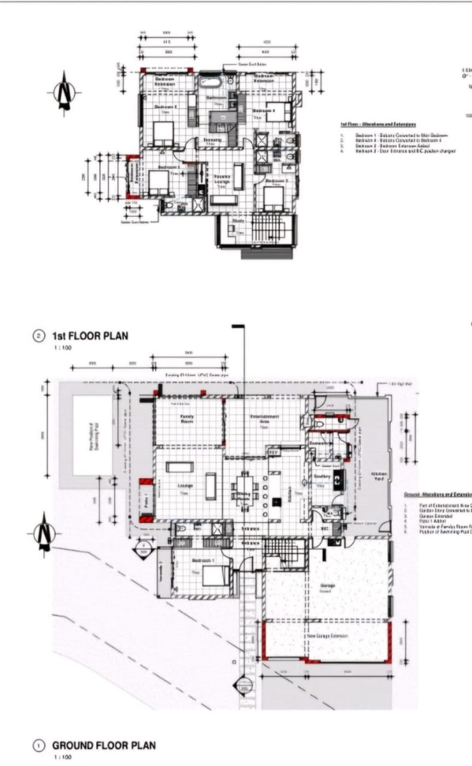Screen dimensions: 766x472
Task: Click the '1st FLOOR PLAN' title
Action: tap(90, 335)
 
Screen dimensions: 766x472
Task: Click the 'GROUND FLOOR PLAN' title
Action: tap(104, 745)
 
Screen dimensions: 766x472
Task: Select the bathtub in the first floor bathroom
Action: tap(209, 83)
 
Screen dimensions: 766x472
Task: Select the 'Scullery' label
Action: tap(323, 477)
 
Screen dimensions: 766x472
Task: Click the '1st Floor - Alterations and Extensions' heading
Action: tap(378, 125)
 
